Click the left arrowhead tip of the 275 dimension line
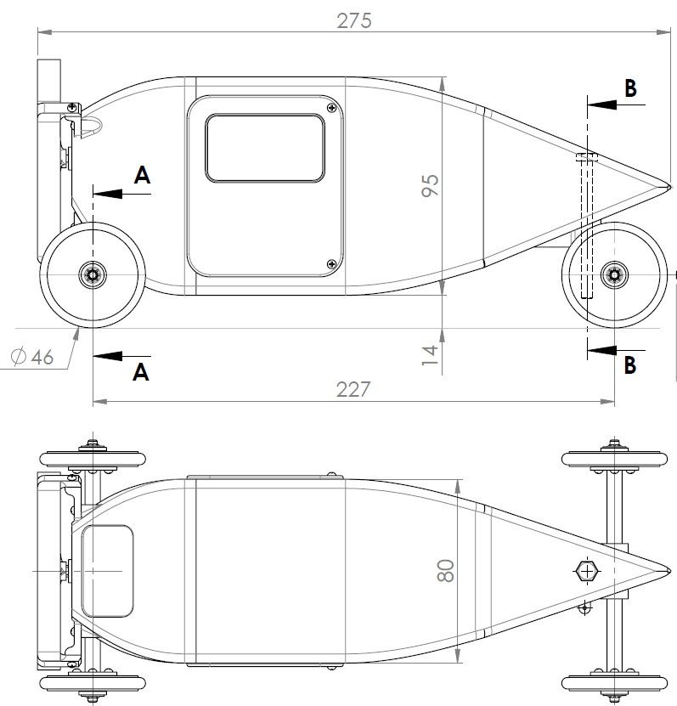tap(38, 32)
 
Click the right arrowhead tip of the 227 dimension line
tap(614, 401)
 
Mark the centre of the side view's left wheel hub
tap(93, 274)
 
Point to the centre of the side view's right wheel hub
tap(614, 274)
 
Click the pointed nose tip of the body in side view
tap(671, 186)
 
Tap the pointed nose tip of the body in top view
tap(671, 571)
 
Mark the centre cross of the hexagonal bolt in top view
tap(587, 572)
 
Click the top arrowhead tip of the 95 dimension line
tap(443, 77)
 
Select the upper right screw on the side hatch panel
tap(332, 108)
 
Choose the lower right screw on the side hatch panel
tap(332, 264)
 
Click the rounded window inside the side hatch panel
tap(265, 148)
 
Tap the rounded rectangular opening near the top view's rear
tap(108, 571)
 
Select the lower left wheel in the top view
tap(93, 683)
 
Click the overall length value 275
tap(354, 20)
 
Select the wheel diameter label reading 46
tap(32, 357)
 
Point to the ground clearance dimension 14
tap(430, 355)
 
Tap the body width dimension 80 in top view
tap(446, 571)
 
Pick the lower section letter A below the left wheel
tap(141, 372)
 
